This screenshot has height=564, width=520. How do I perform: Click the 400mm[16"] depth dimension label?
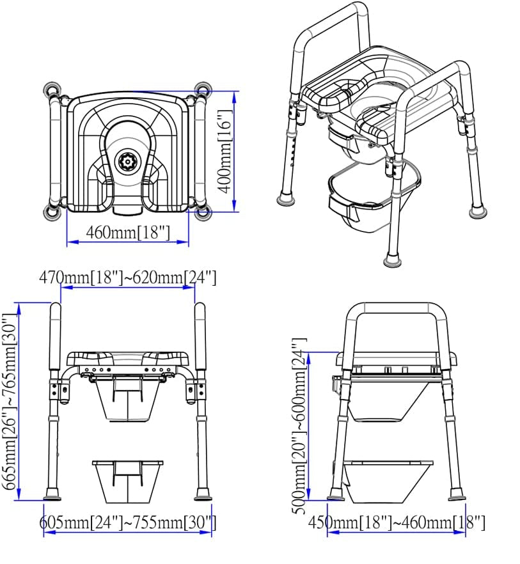pyautogui.click(x=223, y=152)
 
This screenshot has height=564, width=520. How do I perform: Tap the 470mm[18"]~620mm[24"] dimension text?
pyautogui.click(x=128, y=278)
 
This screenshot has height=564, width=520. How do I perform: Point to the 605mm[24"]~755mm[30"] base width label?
pyautogui.click(x=129, y=522)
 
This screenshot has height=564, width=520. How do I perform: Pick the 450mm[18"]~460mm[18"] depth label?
pyautogui.click(x=396, y=522)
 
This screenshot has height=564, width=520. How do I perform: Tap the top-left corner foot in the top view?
pyautogui.click(x=51, y=90)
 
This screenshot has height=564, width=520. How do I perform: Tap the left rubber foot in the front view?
pyautogui.click(x=52, y=495)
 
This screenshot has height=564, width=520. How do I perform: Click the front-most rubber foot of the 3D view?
pyautogui.click(x=392, y=260)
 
